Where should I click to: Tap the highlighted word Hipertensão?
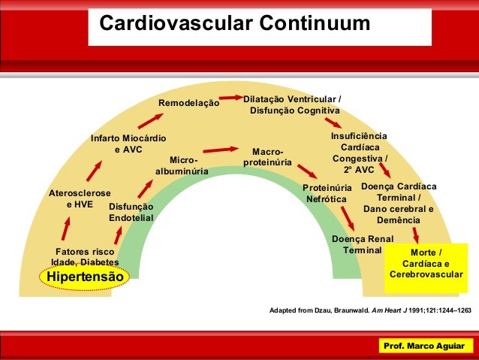pos(83,277)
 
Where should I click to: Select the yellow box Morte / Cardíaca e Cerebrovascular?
pos(426,264)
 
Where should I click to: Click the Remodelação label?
pos(188,103)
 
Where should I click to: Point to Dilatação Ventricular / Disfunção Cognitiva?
pos(294,105)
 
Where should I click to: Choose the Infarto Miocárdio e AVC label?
pos(128,144)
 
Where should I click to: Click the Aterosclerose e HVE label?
pos(80,198)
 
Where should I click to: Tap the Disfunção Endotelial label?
pos(131,212)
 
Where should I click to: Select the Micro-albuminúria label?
pos(182,166)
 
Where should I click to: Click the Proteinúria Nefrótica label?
pos(327,193)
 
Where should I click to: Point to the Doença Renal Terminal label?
pos(363,244)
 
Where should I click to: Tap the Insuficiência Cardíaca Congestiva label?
pos(360,153)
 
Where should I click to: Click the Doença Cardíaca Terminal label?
pos(399,203)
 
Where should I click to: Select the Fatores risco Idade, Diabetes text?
pos(85,256)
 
